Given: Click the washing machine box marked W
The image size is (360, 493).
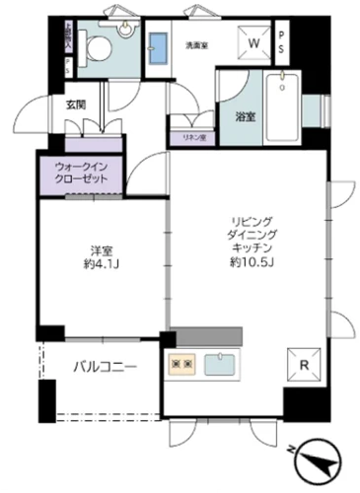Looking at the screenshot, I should tap(254, 43).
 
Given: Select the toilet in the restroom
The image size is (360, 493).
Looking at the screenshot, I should tap(97, 44).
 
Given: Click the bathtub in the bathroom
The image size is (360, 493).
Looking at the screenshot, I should tap(287, 112).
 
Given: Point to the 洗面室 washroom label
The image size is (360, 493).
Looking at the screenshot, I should tap(196, 44).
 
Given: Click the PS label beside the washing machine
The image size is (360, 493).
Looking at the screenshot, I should tap(281, 44).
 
